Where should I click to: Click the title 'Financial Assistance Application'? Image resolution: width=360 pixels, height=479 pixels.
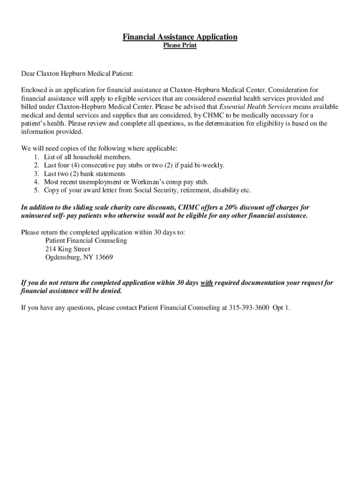coord(180,37)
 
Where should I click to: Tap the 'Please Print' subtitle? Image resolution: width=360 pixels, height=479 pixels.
coord(180,46)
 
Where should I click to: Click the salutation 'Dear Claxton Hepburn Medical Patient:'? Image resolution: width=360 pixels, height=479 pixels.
coord(77,74)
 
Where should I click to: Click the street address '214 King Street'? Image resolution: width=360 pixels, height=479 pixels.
coord(68,249)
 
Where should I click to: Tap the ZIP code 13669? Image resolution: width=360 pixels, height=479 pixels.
coord(104,258)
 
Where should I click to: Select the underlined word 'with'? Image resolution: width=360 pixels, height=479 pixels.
coord(207,283)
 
